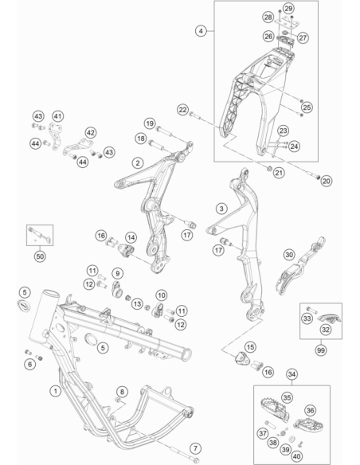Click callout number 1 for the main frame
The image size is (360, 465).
click(56, 391)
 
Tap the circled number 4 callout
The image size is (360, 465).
click(201, 31)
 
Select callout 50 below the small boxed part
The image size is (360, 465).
click(40, 256)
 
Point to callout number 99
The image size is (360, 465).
click(320, 350)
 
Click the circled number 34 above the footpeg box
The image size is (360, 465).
click(292, 374)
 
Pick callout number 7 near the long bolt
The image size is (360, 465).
click(195, 448)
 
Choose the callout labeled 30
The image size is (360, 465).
click(289, 255)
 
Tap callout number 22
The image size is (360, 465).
click(182, 110)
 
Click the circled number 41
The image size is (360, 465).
click(58, 116)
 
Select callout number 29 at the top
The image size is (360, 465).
click(288, 8)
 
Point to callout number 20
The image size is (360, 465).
click(326, 181)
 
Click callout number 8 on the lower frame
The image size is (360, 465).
click(122, 392)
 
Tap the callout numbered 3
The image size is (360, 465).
click(221, 209)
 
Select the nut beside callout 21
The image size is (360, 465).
click(269, 169)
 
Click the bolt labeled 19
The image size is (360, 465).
click(164, 131)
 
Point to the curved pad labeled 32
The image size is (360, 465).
click(329, 318)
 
